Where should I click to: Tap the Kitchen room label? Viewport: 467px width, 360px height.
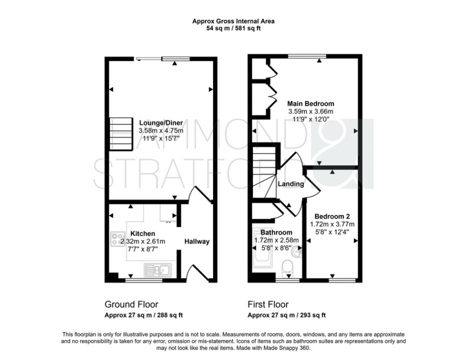pos(142,234)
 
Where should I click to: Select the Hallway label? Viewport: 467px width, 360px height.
pos(197,241)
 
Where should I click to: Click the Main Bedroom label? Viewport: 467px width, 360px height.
pos(310,103)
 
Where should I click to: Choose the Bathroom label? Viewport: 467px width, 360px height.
pos(276,232)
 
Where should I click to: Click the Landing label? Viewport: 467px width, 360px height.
pos(291,184)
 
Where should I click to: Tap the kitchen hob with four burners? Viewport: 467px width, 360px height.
pos(117,238)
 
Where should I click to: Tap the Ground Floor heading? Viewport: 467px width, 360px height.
pos(131,304)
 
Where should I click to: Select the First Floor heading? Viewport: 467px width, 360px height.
pos(268,304)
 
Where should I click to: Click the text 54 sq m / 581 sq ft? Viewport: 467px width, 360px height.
pos(233,29)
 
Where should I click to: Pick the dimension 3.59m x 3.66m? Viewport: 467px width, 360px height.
pos(310,111)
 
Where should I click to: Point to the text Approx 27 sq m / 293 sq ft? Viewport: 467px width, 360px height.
pos(287,315)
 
